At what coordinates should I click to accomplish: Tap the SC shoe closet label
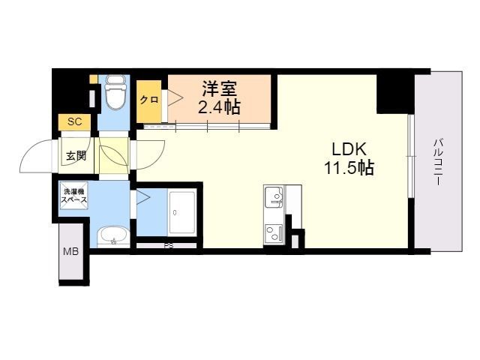point(75,121)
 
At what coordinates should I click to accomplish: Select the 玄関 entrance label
point(76,156)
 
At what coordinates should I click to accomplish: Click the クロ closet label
point(149,100)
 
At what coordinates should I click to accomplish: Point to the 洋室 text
point(219,89)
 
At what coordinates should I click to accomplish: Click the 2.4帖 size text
point(219,106)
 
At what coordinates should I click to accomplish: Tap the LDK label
point(349,150)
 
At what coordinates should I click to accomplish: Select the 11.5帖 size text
point(349,168)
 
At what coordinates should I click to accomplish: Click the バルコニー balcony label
point(438,162)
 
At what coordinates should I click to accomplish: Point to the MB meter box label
point(71,252)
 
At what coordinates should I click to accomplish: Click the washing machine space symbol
point(74,196)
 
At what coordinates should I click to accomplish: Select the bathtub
point(182,212)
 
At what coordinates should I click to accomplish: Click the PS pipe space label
point(168,245)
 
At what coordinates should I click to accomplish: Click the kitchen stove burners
point(274,234)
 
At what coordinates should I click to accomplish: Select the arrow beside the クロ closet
point(175,98)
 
